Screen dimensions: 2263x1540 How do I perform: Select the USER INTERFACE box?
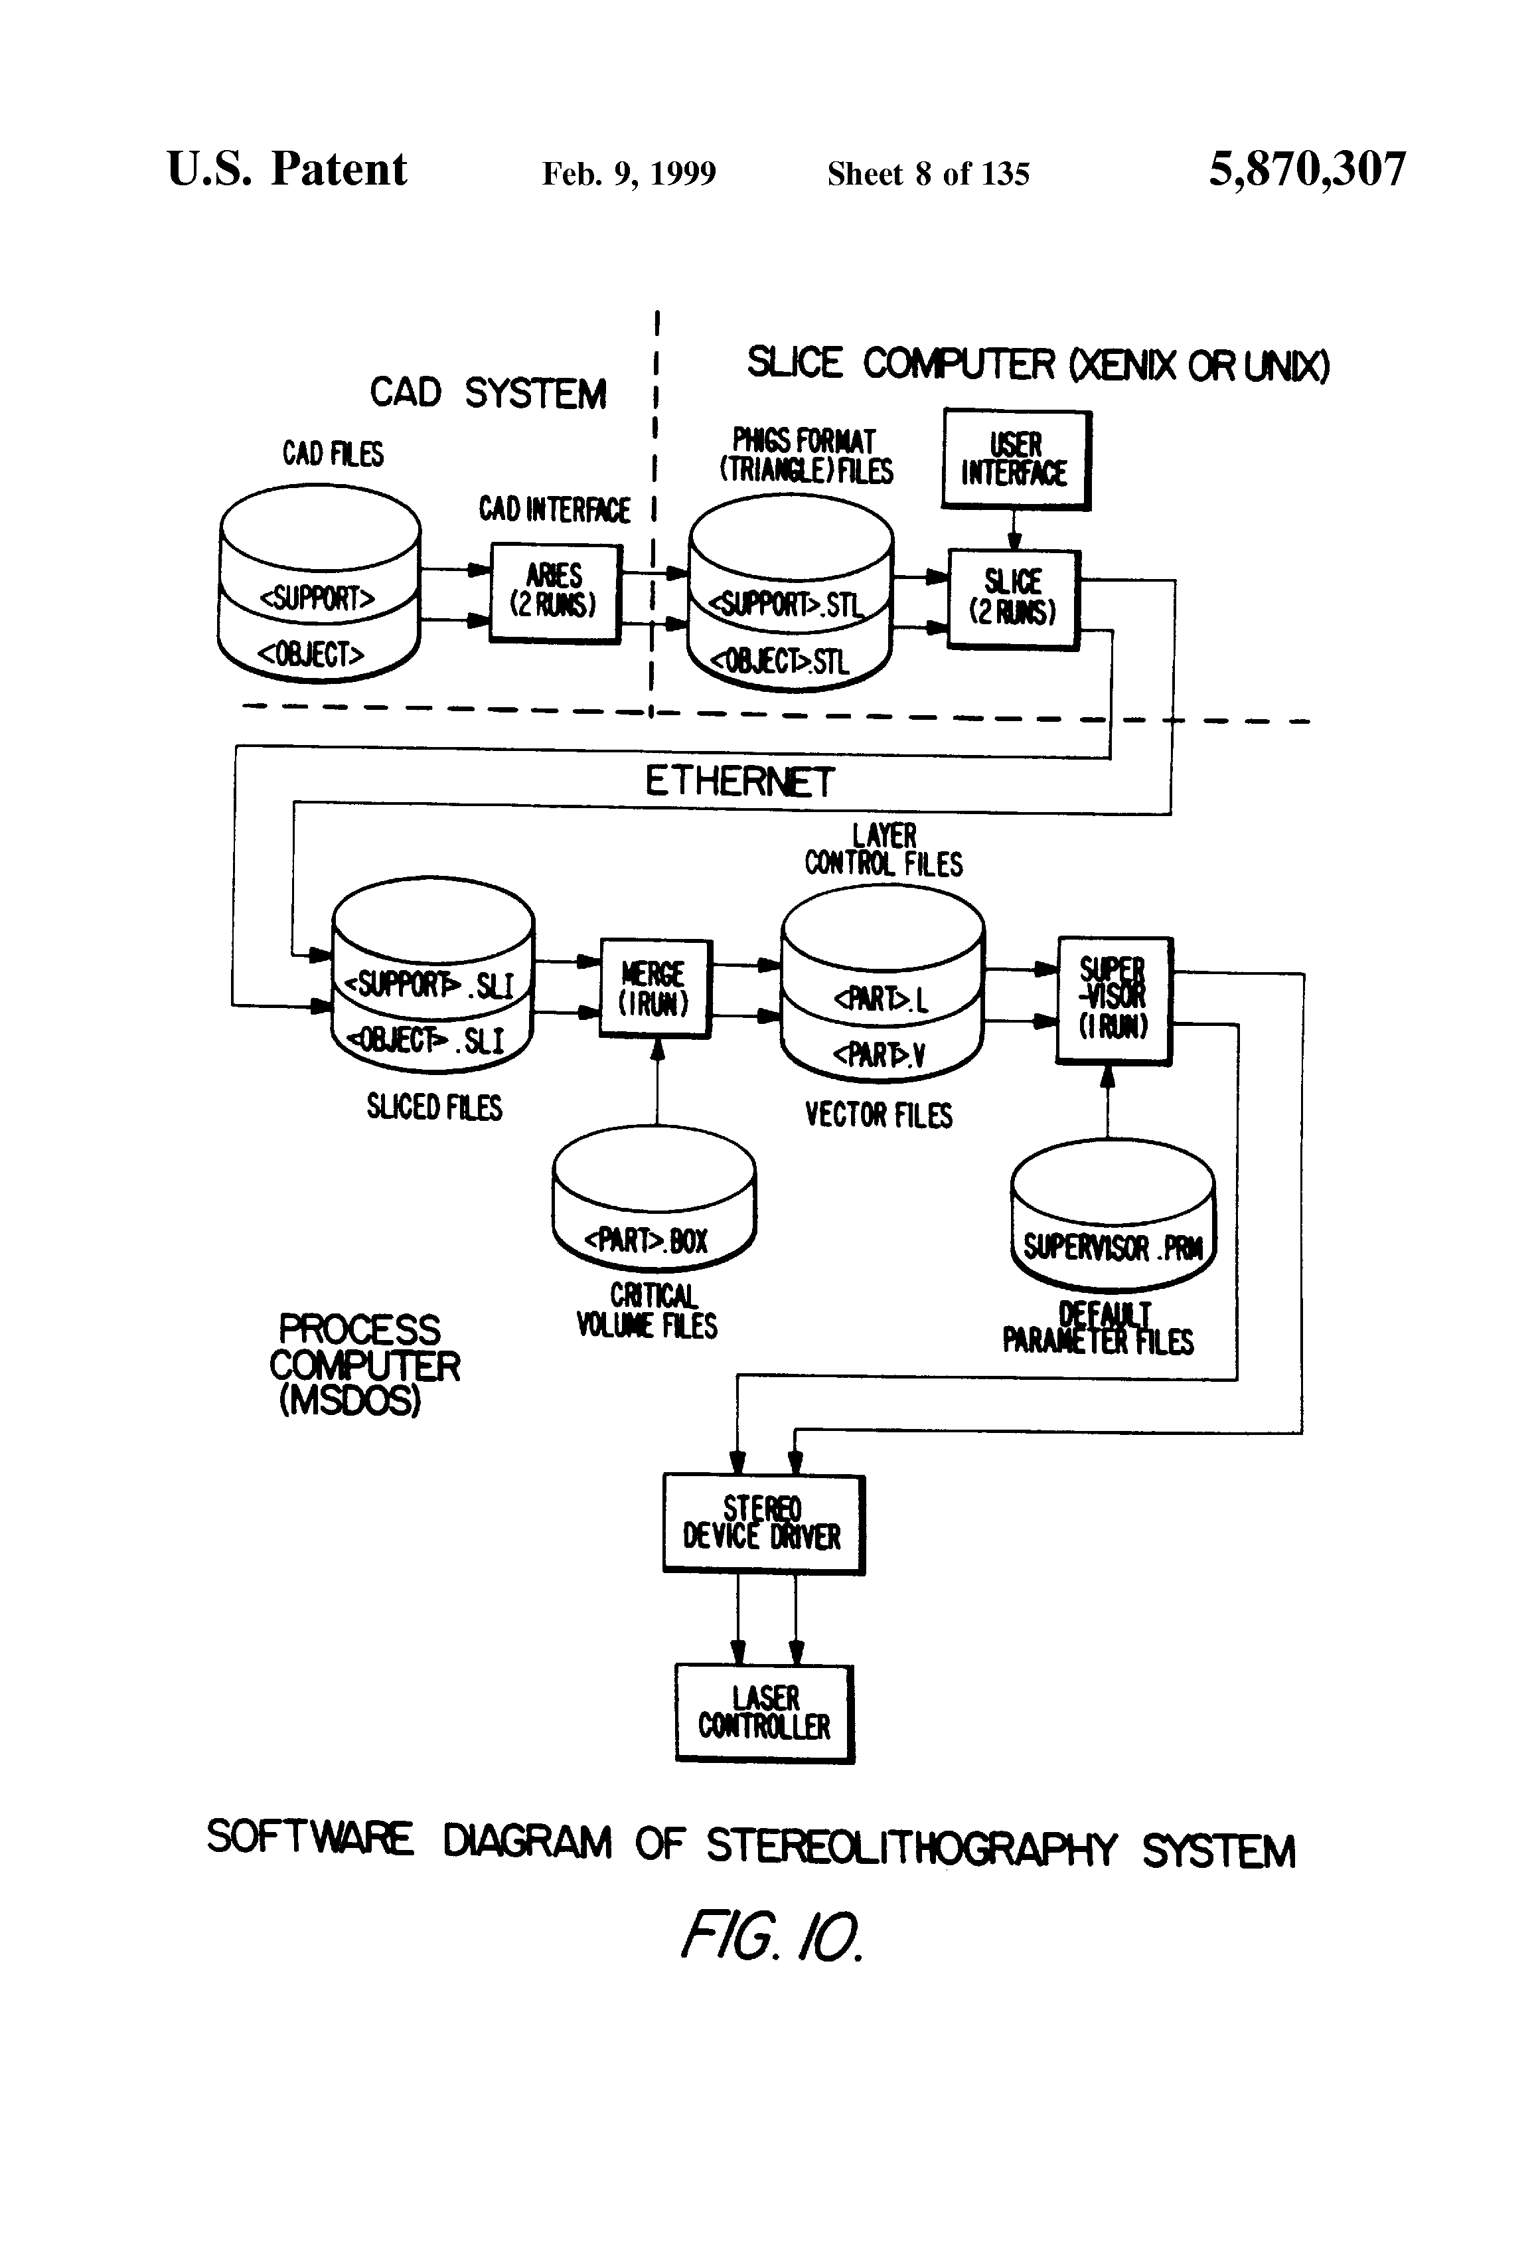pyautogui.click(x=1016, y=459)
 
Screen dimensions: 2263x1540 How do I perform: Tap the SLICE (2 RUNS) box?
pyautogui.click(x=1014, y=598)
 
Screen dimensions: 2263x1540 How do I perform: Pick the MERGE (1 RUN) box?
pyautogui.click(x=655, y=987)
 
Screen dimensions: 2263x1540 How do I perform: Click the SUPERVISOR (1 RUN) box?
pyautogui.click(x=1114, y=999)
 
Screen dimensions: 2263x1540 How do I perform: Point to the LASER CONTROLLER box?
pyautogui.click(x=764, y=1713)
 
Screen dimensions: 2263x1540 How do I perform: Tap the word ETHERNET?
pyautogui.click(x=739, y=781)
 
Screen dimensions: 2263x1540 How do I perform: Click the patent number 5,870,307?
pyautogui.click(x=1306, y=169)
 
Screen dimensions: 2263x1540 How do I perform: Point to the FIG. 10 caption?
pyautogui.click(x=770, y=1937)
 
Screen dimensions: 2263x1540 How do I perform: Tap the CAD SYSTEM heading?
pyautogui.click(x=488, y=393)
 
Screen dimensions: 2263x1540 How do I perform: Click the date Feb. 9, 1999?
pyautogui.click(x=629, y=173)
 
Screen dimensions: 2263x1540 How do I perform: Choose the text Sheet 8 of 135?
pyautogui.click(x=928, y=173)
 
